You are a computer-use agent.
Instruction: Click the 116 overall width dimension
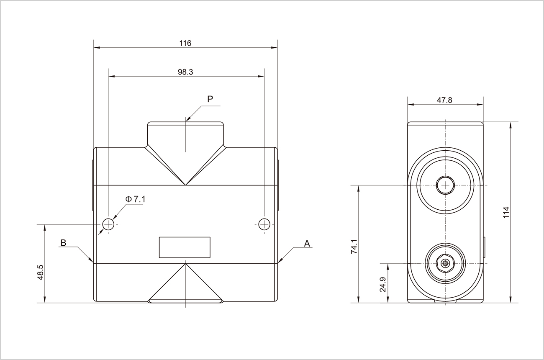(185, 43)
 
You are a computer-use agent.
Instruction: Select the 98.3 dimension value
(185, 72)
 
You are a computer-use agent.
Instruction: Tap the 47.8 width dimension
(444, 100)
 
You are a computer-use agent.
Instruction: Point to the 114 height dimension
(506, 212)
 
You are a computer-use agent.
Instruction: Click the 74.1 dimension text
(354, 247)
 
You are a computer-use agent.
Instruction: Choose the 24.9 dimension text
(382, 284)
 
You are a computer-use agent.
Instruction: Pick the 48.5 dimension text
(40, 273)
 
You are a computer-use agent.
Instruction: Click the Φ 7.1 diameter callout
(135, 199)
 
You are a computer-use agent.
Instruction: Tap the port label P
(210, 99)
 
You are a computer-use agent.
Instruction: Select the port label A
(307, 243)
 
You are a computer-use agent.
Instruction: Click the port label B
(63, 243)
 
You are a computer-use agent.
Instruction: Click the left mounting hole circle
(108, 224)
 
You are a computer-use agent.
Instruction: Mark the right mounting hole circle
(264, 224)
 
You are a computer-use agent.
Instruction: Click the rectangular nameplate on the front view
(185, 247)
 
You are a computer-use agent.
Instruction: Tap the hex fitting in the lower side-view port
(445, 263)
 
